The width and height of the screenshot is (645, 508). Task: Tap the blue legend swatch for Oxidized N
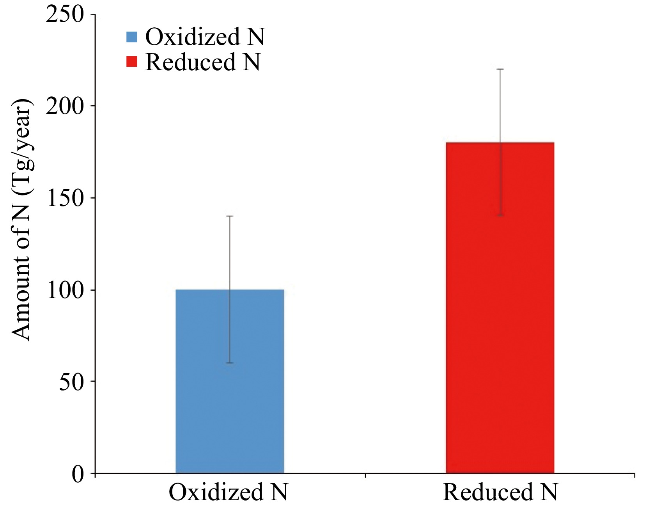click(132, 37)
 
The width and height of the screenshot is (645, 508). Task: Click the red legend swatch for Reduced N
click(132, 62)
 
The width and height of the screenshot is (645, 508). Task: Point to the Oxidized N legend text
click(205, 37)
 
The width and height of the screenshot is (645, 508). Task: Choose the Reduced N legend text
click(202, 62)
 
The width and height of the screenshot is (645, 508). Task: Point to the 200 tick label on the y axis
click(65, 106)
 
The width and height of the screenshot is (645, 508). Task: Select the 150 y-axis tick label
click(65, 198)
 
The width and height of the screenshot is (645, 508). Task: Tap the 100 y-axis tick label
click(65, 290)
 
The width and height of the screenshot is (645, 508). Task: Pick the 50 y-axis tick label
click(71, 382)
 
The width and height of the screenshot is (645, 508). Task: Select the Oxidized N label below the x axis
click(228, 492)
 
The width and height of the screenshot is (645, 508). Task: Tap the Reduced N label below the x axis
click(500, 492)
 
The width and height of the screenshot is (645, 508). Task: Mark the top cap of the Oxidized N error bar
click(230, 216)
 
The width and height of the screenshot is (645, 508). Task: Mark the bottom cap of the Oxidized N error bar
click(230, 363)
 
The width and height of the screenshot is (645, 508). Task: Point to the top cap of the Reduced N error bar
click(500, 69)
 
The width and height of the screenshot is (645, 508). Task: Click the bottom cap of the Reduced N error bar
click(500, 215)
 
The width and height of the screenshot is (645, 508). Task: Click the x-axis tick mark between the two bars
click(365, 476)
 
